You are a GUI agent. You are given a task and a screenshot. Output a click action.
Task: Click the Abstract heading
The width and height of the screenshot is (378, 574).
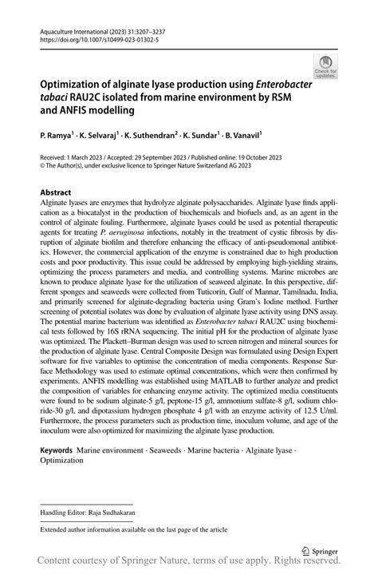pyautogui.click(x=56, y=193)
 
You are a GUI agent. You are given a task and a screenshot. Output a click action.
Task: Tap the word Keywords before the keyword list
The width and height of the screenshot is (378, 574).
pyautogui.click(x=57, y=451)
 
